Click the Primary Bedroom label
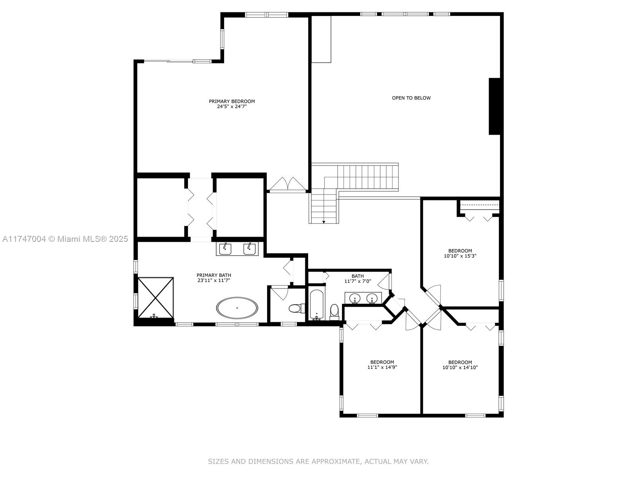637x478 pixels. (232, 101)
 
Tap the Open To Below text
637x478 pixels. (411, 98)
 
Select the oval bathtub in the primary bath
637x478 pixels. (237, 308)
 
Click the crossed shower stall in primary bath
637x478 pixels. (156, 298)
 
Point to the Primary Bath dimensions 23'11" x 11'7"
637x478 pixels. (213, 280)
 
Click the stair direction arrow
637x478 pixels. (324, 222)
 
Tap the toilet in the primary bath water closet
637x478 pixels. (297, 308)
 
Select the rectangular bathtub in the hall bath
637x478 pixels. (317, 304)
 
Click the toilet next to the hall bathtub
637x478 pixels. (334, 311)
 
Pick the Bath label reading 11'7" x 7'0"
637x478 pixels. (358, 278)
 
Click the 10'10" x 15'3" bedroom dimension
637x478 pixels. (460, 256)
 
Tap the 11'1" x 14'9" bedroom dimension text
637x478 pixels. (382, 367)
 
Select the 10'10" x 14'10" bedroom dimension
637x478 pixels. (460, 367)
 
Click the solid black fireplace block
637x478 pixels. (494, 106)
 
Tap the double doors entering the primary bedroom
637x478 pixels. (287, 184)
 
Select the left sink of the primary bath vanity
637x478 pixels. (225, 249)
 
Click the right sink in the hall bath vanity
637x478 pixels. (372, 298)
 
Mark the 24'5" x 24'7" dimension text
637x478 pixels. (232, 106)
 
